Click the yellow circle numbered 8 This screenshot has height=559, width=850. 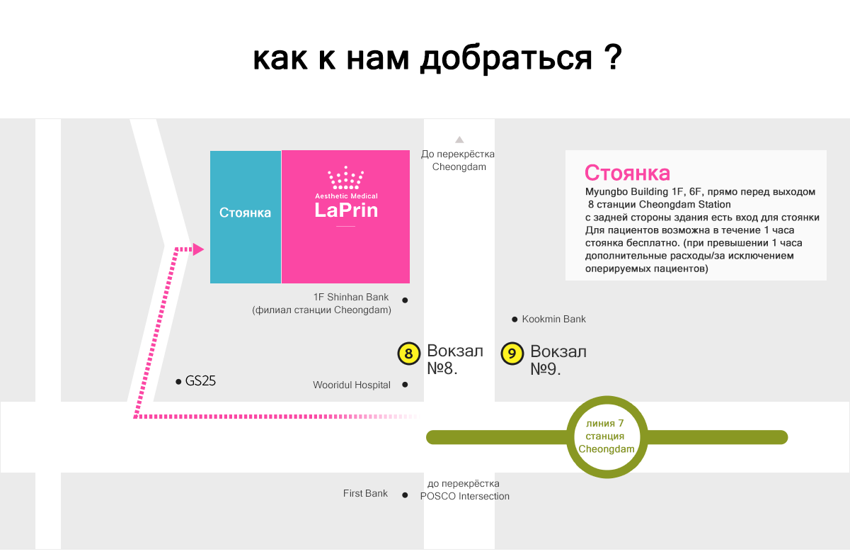coord(408,354)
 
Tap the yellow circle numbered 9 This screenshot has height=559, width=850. coord(512,354)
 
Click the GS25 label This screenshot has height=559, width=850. coord(200,381)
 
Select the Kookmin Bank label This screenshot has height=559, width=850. coord(553,319)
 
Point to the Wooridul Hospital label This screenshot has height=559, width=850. coord(351,385)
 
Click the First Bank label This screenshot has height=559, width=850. coord(365,493)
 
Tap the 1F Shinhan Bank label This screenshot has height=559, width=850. coord(350,297)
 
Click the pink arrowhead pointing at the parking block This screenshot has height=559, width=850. coord(198,249)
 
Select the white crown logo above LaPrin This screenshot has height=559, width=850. coord(345,177)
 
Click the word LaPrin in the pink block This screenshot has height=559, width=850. coord(346,210)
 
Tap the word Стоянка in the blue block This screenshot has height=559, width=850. coord(245,213)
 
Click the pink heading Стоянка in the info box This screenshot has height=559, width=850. coord(627,173)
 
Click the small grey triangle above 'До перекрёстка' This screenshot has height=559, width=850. coord(459,140)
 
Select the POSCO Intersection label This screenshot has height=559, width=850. coord(464,497)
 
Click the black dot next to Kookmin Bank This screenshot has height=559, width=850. coord(515,320)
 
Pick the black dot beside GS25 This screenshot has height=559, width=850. coord(178,382)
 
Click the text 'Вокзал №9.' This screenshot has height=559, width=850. coord(558,360)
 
